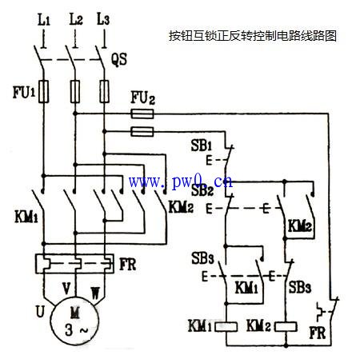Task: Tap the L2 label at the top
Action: click(x=75, y=18)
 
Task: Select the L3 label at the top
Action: click(x=103, y=18)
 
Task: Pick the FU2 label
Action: click(x=142, y=98)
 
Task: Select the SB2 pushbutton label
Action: click(x=201, y=191)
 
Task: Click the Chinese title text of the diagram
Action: click(x=252, y=36)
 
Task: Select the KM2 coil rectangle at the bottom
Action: click(x=286, y=326)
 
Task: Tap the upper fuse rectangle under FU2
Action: click(x=142, y=114)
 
